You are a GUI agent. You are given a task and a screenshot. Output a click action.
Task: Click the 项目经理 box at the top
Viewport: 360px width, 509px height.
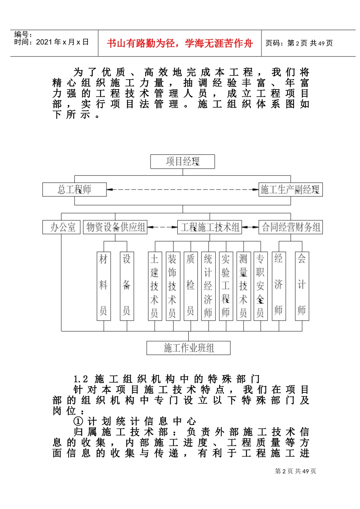pyautogui.click(x=182, y=162)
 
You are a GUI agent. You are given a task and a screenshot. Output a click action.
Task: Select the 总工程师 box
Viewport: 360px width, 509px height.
pyautogui.click(x=74, y=189)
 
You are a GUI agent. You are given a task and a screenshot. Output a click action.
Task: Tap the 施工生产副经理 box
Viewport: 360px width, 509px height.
pyautogui.click(x=290, y=189)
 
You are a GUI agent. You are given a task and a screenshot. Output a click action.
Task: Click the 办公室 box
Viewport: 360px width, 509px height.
pyautogui.click(x=61, y=227)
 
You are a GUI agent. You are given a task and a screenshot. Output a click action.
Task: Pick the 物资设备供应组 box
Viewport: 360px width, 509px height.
pyautogui.click(x=115, y=227)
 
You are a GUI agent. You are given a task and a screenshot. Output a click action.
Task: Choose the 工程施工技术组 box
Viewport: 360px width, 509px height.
pyautogui.click(x=210, y=227)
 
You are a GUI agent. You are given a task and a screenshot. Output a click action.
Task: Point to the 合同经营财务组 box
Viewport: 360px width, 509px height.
pyautogui.click(x=291, y=227)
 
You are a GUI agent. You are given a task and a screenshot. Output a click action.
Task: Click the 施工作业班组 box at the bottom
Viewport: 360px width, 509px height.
pyautogui.click(x=188, y=348)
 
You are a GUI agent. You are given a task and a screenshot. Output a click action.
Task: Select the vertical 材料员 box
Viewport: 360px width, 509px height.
pyautogui.click(x=103, y=286)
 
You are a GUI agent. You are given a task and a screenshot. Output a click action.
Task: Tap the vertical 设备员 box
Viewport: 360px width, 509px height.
pyautogui.click(x=127, y=286)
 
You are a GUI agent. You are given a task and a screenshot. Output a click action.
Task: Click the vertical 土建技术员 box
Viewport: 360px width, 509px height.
pyautogui.click(x=154, y=286)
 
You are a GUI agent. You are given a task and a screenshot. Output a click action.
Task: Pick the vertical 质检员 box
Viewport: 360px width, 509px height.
pyautogui.click(x=190, y=286)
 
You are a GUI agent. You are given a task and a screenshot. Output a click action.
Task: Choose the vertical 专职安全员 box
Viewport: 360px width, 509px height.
pyautogui.click(x=260, y=286)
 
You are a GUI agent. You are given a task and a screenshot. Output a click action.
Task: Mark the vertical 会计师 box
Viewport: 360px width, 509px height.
pyautogui.click(x=302, y=286)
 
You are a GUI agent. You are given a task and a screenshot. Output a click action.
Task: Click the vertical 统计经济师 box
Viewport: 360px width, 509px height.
pyautogui.click(x=208, y=286)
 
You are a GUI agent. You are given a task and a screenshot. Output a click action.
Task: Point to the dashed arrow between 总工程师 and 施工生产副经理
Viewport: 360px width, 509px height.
pyautogui.click(x=183, y=189)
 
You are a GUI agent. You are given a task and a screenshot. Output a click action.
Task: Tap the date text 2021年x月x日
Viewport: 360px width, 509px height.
pyautogui.click(x=62, y=42)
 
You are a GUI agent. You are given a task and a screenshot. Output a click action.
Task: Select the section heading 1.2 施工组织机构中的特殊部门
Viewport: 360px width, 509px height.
pyautogui.click(x=167, y=379)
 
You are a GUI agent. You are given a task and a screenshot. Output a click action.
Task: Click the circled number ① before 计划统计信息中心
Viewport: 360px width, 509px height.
pyautogui.click(x=78, y=421)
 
